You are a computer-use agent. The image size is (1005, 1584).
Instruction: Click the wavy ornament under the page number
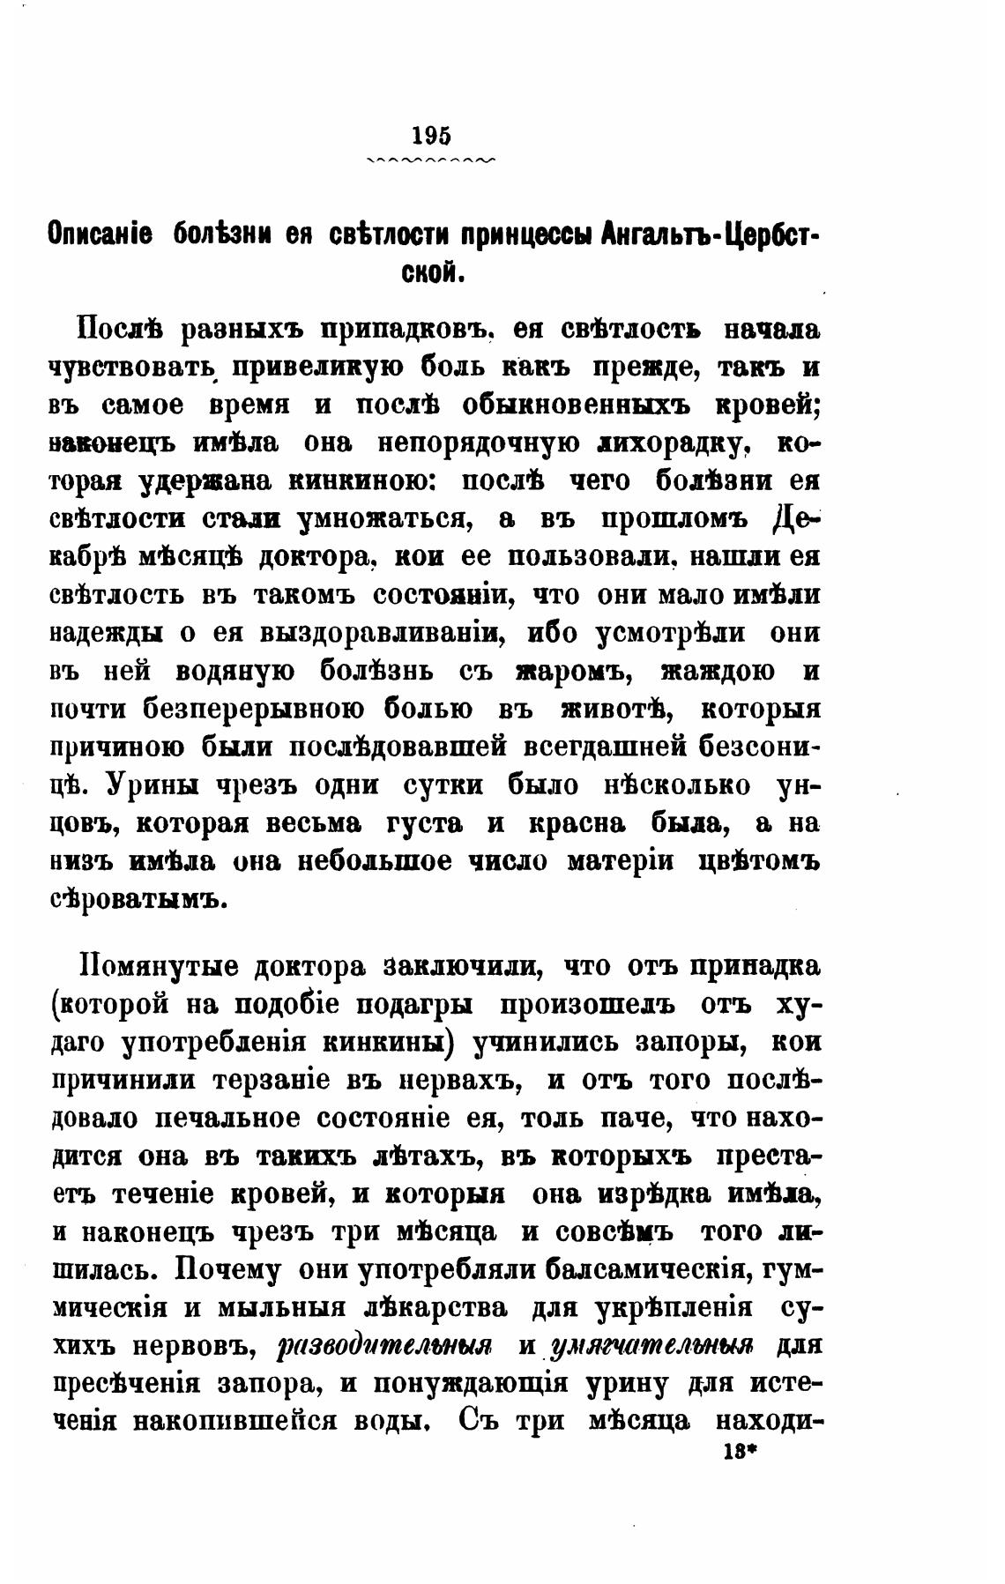coord(431,160)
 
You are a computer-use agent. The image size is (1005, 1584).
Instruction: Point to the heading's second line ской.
coord(432,274)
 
